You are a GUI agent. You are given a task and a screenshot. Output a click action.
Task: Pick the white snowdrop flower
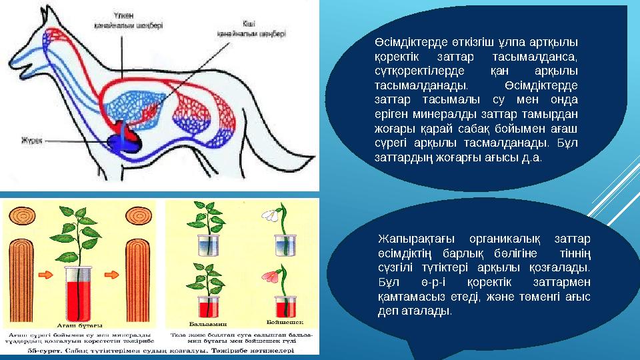click(270, 214)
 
